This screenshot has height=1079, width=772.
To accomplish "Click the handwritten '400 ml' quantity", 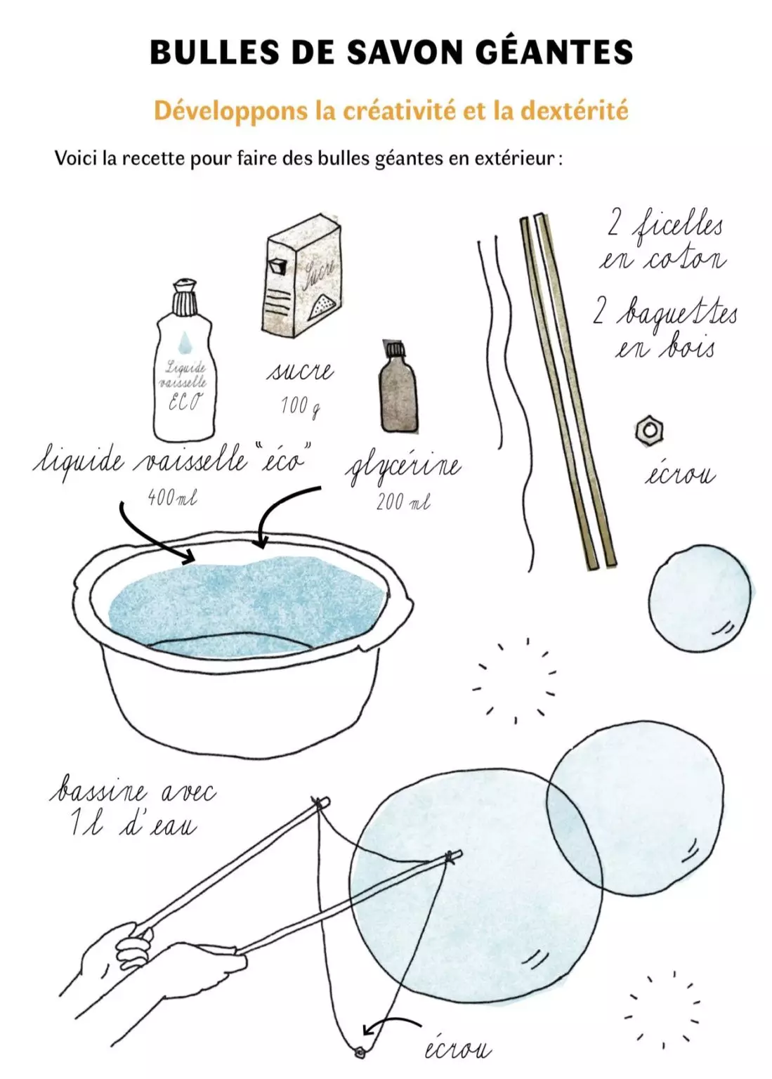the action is click(x=172, y=498).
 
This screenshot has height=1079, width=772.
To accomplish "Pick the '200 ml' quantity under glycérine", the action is click(x=403, y=502).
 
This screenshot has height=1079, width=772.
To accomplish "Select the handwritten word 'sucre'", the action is click(x=299, y=372).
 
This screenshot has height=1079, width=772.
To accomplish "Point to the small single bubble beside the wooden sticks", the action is click(x=699, y=598).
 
